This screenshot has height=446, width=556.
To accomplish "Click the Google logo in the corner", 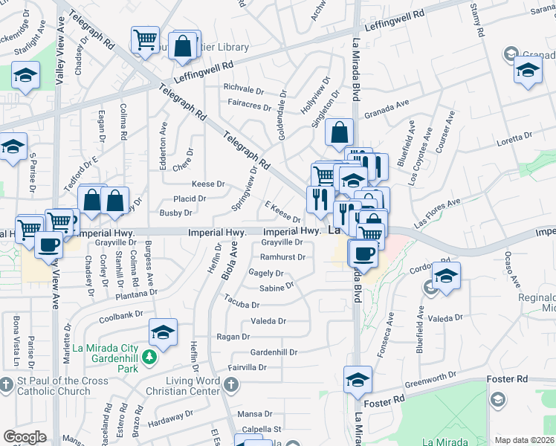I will click(25, 437).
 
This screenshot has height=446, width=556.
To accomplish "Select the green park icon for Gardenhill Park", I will click(149, 358).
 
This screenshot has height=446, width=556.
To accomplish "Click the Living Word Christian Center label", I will click(196, 387).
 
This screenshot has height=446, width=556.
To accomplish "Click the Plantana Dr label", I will click(136, 294).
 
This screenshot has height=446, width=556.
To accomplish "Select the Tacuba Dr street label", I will click(244, 305).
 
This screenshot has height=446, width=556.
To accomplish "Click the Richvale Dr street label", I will click(244, 87).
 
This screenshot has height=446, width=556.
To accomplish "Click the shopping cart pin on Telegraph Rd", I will click(145, 39).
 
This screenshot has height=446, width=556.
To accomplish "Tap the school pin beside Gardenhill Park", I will click(163, 332).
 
